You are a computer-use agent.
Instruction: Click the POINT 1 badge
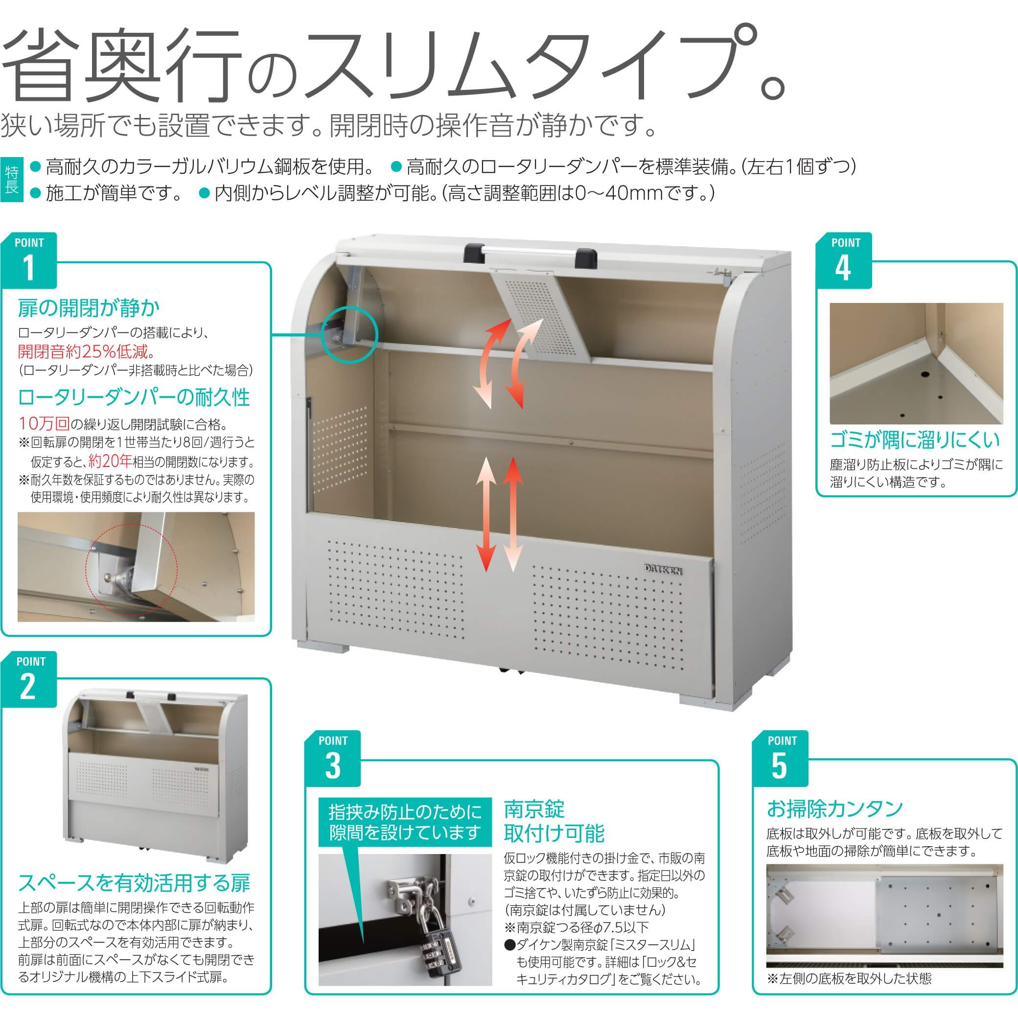(x=29, y=260)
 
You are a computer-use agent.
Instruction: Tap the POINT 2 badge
(x=30, y=679)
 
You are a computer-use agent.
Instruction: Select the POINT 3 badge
(x=332, y=758)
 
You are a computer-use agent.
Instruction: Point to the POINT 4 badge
(x=844, y=260)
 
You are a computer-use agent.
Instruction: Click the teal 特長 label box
(x=12, y=180)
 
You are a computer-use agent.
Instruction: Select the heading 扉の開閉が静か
(x=89, y=308)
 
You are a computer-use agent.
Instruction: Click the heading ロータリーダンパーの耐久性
(x=134, y=397)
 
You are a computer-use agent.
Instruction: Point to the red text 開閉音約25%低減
(x=83, y=351)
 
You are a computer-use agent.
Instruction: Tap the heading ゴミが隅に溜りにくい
(x=915, y=440)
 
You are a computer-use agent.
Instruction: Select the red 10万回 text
(x=44, y=423)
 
